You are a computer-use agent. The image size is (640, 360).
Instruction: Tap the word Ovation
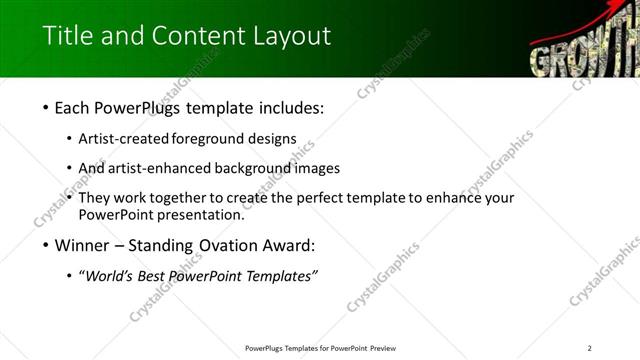(214, 245)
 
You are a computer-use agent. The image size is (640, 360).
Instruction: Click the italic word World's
(111, 276)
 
